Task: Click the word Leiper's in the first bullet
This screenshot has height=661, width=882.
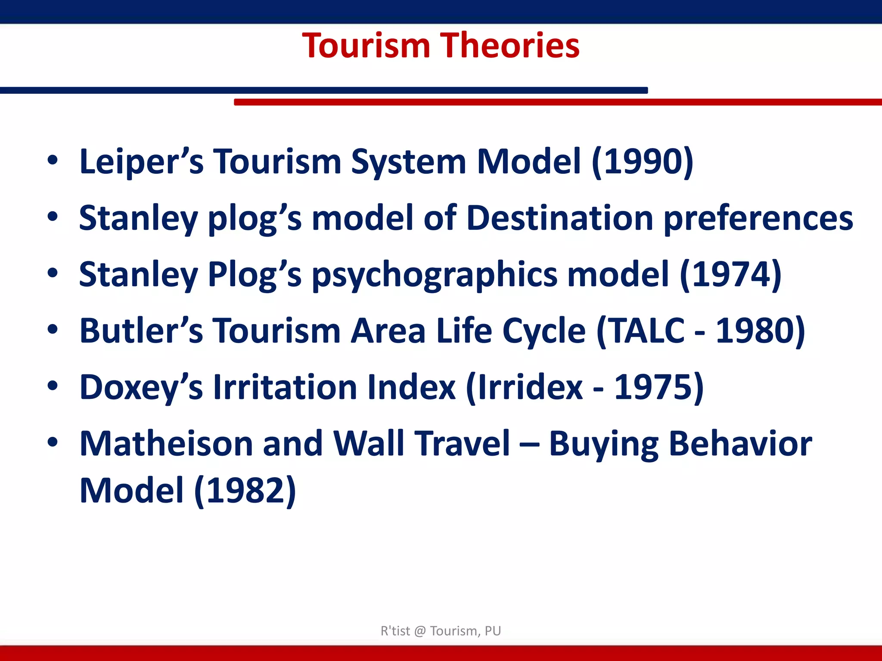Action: click(141, 161)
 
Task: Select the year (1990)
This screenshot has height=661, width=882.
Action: click(643, 161)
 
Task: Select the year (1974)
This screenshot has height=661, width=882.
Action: click(730, 275)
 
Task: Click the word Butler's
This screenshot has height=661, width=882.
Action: click(141, 330)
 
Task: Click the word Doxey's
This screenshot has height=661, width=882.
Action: click(141, 387)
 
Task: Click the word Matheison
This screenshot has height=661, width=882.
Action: click(166, 444)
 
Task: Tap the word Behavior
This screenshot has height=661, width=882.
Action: click(740, 444)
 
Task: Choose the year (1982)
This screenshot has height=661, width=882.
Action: click(245, 491)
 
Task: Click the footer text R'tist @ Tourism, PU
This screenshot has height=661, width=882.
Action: click(441, 631)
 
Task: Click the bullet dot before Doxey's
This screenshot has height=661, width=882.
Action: click(53, 386)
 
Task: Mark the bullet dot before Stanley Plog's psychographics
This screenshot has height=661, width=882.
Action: click(53, 273)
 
